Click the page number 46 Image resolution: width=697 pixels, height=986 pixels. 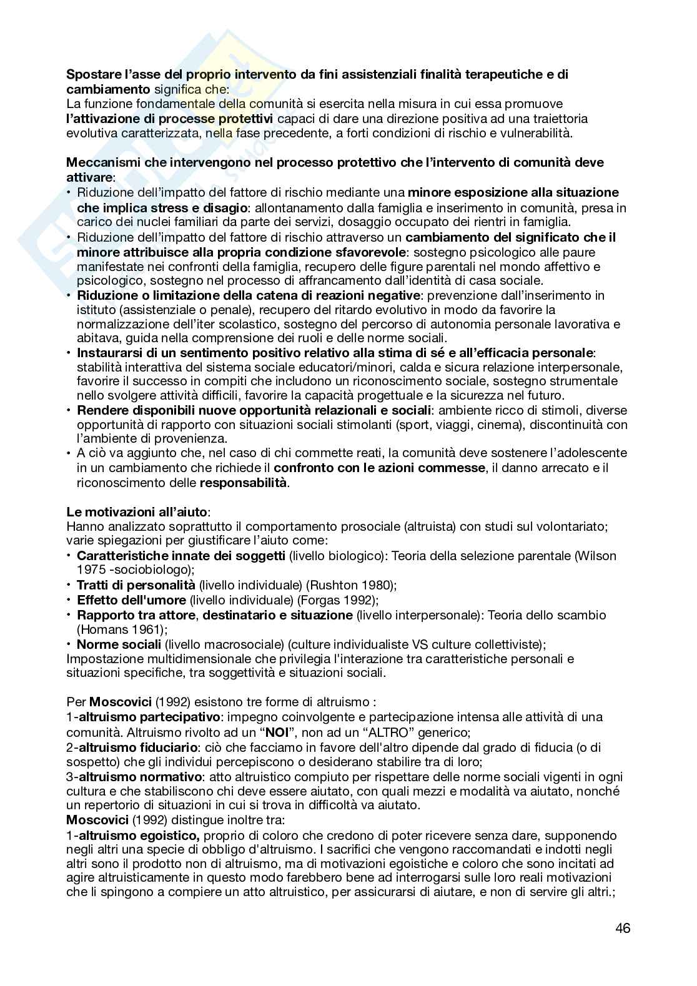click(x=622, y=928)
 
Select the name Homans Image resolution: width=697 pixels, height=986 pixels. click(x=99, y=630)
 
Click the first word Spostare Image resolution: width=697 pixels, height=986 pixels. click(x=92, y=74)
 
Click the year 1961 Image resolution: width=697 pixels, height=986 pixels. click(x=143, y=630)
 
